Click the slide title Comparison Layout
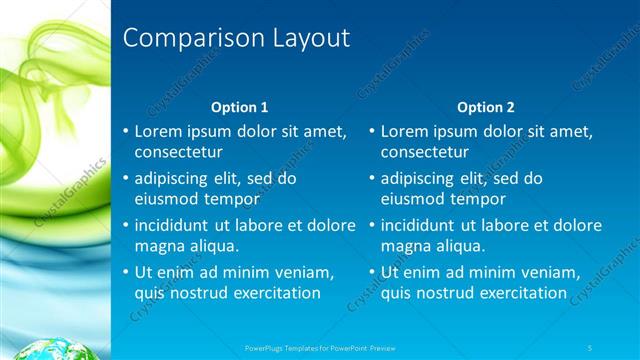(x=236, y=39)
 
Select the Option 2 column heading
(x=486, y=106)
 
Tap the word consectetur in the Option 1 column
(x=178, y=152)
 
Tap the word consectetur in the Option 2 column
(x=424, y=152)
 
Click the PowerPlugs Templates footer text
(x=321, y=347)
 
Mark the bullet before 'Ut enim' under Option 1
(x=125, y=272)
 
